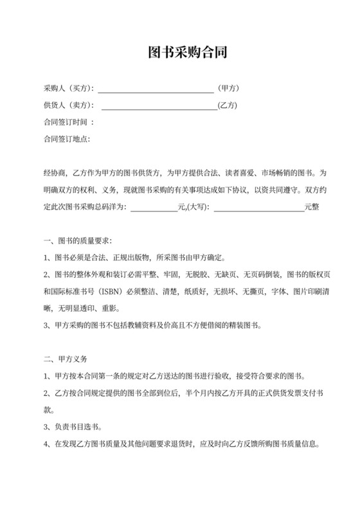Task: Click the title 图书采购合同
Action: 179,52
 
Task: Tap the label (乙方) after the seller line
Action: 228,105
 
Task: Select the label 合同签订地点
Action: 66,138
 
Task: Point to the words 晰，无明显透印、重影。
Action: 84,308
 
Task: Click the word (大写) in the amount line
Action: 197,207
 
